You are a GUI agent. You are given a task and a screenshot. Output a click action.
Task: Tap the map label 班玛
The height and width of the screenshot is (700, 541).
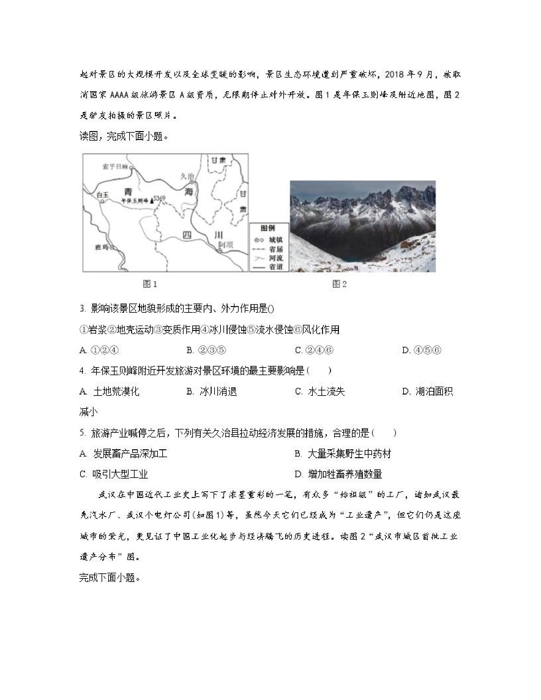tap(102, 247)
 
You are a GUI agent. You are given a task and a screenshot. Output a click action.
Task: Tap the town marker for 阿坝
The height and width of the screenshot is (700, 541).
tap(220, 251)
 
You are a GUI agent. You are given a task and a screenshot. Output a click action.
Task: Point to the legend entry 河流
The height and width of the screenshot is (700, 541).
tap(276, 258)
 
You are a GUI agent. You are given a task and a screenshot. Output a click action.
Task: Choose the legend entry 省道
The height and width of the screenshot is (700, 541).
tap(276, 267)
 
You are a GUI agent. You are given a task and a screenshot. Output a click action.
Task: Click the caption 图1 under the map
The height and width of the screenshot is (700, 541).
tap(150, 284)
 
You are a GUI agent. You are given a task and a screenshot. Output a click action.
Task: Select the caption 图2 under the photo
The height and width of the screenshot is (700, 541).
tap(340, 284)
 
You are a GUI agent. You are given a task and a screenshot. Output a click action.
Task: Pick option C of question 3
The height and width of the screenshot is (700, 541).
tap(314, 350)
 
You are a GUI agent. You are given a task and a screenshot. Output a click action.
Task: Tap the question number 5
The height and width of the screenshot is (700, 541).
tap(83, 433)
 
